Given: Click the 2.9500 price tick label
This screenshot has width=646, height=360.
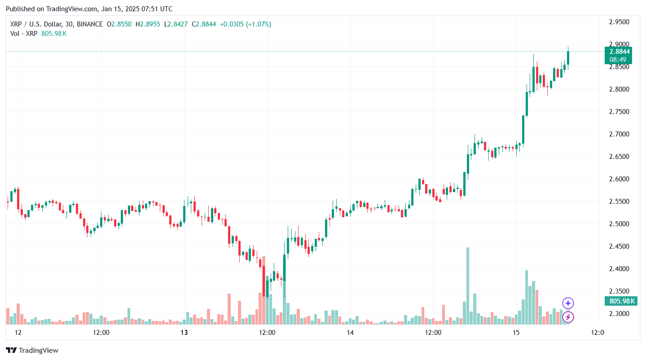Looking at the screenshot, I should (x=619, y=22).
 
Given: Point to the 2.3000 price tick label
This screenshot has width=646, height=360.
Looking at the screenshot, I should (x=619, y=313).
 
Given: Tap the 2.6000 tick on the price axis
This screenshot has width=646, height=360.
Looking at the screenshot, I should (x=619, y=179).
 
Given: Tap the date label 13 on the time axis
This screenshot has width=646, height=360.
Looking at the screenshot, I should (x=184, y=333).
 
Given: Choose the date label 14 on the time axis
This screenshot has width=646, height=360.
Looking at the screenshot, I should (x=350, y=333).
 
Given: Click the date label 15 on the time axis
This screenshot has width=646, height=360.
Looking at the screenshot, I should (x=516, y=333).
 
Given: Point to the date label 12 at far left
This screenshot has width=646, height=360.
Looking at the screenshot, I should (x=18, y=333).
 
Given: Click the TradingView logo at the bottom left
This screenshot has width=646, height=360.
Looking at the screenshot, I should (x=32, y=350).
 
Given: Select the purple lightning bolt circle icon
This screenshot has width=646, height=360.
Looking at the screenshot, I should (x=568, y=317).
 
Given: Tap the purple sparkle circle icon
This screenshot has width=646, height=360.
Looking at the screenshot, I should (x=568, y=303).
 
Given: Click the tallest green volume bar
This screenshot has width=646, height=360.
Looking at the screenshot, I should (x=468, y=285).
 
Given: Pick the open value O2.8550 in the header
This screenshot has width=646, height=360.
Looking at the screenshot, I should (x=119, y=24).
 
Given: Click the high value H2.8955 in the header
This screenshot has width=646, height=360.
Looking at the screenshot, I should (x=148, y=24).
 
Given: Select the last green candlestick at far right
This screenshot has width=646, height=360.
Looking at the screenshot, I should (x=568, y=57).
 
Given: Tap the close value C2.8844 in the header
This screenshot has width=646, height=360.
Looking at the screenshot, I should (x=204, y=24).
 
